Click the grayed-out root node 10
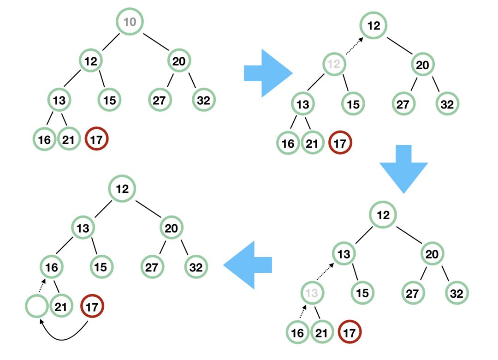(130, 22)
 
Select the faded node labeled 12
(334, 64)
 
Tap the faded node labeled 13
(312, 293)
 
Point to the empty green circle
(37, 306)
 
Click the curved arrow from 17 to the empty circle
(62, 339)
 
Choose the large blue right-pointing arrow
(268, 73)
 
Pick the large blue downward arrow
(403, 169)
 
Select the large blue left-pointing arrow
(248, 265)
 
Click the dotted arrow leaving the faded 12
(354, 46)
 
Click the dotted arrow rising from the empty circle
(42, 285)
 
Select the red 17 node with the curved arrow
(92, 306)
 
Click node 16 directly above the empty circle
(52, 267)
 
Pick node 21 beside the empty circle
(61, 306)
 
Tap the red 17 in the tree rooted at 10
(96, 138)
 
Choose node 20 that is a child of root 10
(179, 61)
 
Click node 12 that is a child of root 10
(90, 60)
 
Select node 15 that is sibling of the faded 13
(362, 293)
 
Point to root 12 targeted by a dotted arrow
(373, 25)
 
